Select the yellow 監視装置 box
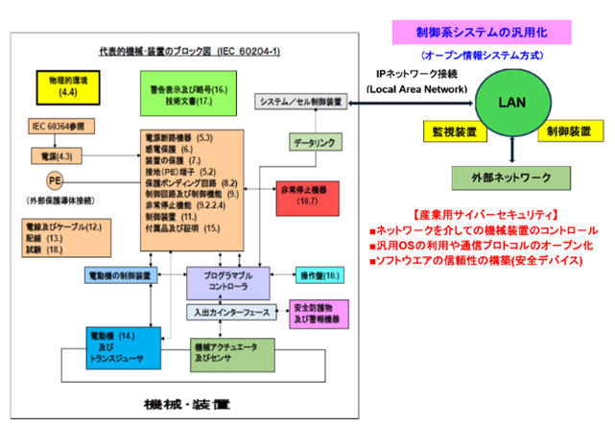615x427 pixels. coord(452,129)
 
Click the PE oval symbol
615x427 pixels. coord(55,179)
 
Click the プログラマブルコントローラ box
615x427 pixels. coord(227,280)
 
